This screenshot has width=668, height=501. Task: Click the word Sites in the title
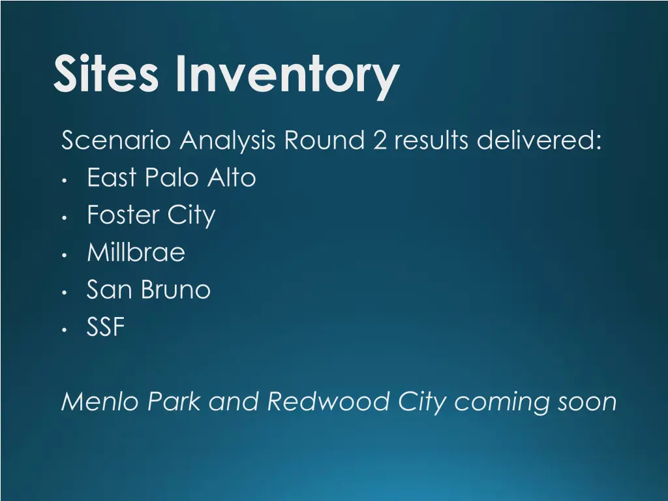point(106,74)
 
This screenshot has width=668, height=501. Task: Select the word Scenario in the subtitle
point(118,140)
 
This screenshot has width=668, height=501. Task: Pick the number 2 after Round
point(381,140)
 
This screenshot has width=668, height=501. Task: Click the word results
point(431,140)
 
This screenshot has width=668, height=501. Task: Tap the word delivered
point(539,140)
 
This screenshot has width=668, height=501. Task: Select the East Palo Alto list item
point(171,177)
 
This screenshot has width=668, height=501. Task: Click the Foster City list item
point(151,215)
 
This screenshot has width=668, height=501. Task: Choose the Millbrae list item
point(136,252)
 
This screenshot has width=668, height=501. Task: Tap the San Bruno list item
point(149,290)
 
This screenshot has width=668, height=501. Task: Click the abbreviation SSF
point(106,327)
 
